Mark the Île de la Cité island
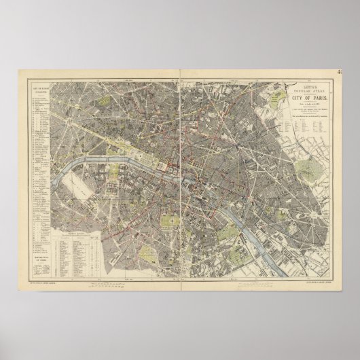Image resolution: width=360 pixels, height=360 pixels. [x=187, y=190]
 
